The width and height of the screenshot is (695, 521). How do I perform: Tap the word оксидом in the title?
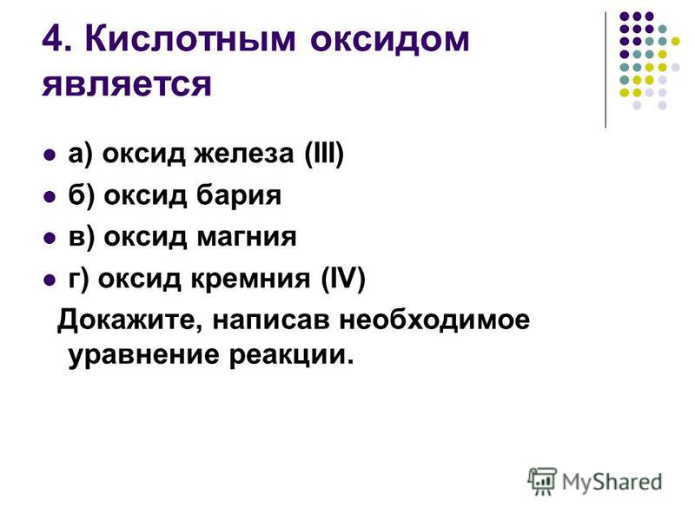pyautogui.click(x=389, y=40)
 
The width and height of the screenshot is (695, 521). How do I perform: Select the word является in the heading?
pyautogui.click(x=127, y=84)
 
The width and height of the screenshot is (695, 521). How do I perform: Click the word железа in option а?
pyautogui.click(x=244, y=154)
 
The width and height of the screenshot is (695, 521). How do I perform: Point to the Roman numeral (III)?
pyautogui.click(x=324, y=155)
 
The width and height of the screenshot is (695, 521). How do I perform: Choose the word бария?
pyautogui.click(x=238, y=195)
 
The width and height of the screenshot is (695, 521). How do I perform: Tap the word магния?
pyautogui.click(x=247, y=237)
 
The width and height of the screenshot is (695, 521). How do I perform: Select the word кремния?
pyautogui.click(x=250, y=279)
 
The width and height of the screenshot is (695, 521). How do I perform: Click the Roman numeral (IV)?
pyautogui.click(x=343, y=279)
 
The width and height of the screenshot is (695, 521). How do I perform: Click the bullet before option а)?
pyautogui.click(x=50, y=155)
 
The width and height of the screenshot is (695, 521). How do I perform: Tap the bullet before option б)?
pyautogui.click(x=50, y=197)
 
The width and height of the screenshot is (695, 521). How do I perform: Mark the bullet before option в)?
pyautogui.click(x=50, y=238)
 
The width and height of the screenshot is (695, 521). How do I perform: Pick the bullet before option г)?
pyautogui.click(x=50, y=280)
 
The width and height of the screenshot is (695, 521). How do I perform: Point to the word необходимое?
pyautogui.click(x=434, y=320)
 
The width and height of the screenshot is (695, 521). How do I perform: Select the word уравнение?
pyautogui.click(x=144, y=356)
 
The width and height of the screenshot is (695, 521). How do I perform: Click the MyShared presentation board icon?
pyautogui.click(x=542, y=481)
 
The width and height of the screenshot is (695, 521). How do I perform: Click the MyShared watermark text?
pyautogui.click(x=612, y=483)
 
